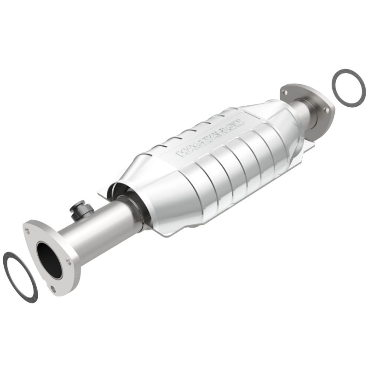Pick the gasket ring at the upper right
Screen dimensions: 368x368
[348, 87]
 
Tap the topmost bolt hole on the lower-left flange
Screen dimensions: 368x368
[30, 226]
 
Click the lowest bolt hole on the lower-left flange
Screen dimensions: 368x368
[53, 288]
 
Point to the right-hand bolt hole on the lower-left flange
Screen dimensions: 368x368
[68, 261]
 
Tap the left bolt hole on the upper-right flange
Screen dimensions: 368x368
[286, 92]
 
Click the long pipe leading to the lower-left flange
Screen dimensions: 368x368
[99, 230]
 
